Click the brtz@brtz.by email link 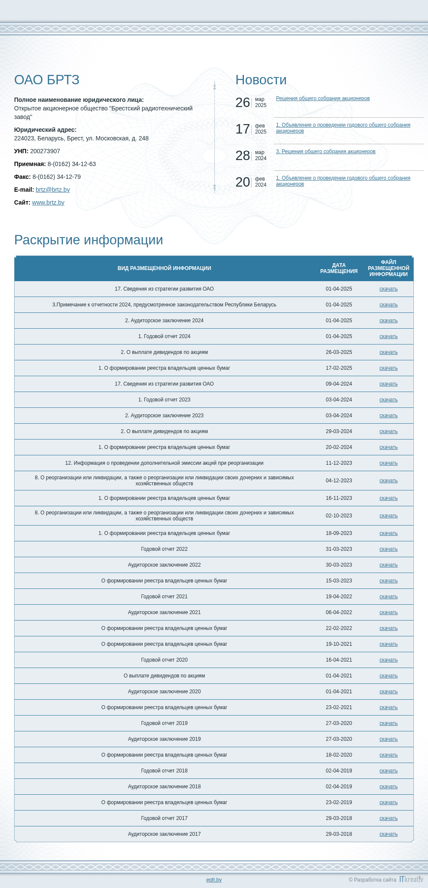click(x=53, y=190)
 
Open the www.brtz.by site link click(x=48, y=202)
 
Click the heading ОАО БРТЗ click(x=47, y=80)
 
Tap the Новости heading click(x=261, y=80)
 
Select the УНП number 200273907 click(x=45, y=151)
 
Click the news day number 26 click(x=243, y=103)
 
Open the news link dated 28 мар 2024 click(x=325, y=151)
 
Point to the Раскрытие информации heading click(x=89, y=240)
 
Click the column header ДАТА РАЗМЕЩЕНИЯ click(x=339, y=268)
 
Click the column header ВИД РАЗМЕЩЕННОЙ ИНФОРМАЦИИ click(x=164, y=268)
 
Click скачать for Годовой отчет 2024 click(x=388, y=336)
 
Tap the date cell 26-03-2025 click(x=339, y=352)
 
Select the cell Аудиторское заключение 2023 click(x=164, y=416)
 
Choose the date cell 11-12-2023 click(x=339, y=463)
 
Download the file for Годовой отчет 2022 click(x=388, y=549)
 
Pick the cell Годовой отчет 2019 click(x=164, y=723)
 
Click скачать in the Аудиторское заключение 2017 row click(x=388, y=834)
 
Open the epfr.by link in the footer click(x=214, y=880)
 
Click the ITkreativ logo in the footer click(x=411, y=879)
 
